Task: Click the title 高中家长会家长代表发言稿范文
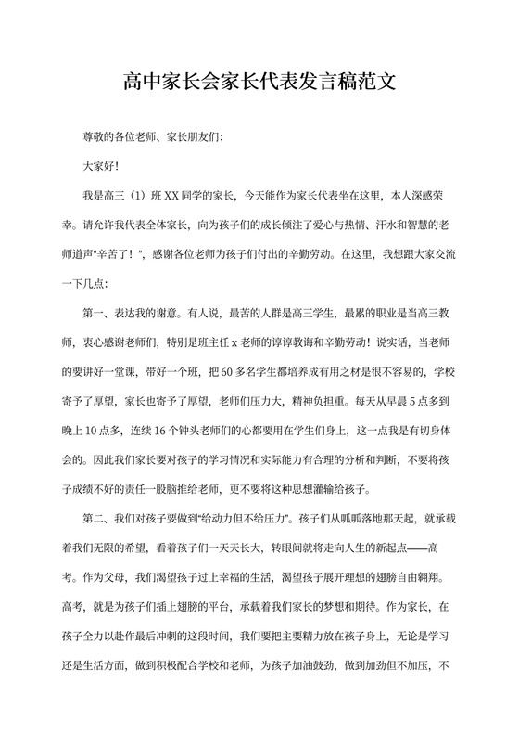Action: click(x=259, y=82)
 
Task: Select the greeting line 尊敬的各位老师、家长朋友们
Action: click(x=153, y=136)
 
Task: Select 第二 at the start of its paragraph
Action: click(x=95, y=516)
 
